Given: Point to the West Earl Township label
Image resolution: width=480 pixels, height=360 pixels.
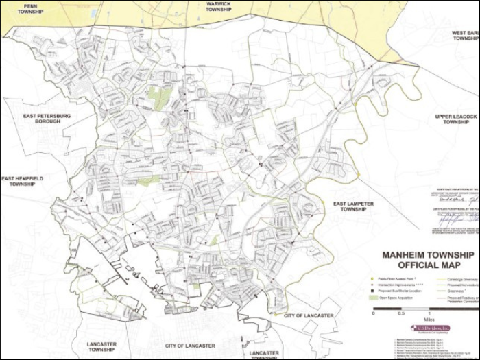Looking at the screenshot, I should click(466, 36).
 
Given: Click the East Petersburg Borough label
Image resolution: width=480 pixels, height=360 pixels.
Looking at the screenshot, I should click(45, 120).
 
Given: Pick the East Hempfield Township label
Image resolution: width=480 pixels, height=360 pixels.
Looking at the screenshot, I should click(23, 181).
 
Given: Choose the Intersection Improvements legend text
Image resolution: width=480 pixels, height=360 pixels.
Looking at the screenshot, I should click(398, 285).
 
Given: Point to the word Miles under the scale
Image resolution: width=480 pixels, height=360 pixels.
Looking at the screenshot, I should click(429, 319).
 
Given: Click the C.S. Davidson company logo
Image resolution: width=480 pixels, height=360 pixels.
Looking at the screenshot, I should click(430, 328).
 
